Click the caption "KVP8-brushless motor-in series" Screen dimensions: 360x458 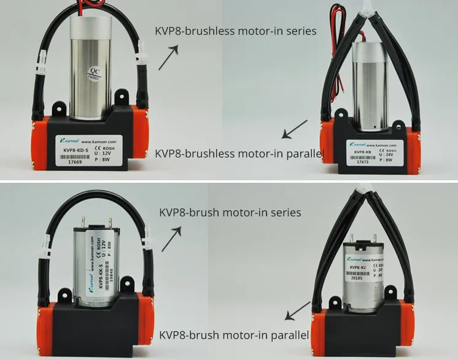coord(236,31)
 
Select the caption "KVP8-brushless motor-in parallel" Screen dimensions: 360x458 coord(239,153)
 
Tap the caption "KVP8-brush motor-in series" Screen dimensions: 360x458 coord(230,213)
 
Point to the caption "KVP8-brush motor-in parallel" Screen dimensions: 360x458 coord(234,335)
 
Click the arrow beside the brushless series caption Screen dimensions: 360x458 coord(168,58)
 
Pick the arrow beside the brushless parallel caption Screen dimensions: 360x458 coord(295,130)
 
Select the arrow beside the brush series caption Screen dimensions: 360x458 coord(172,239)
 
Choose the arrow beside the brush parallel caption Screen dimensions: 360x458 coord(298,311)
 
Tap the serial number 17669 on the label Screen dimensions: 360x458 coord(76,163)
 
